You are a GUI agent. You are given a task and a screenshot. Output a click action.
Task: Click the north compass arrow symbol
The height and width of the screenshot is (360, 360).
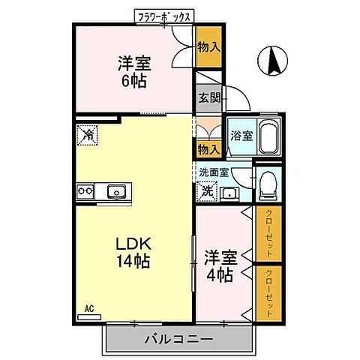pos(271,61)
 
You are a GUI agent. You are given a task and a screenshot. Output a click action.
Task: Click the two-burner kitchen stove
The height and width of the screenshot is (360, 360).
pos(85,191)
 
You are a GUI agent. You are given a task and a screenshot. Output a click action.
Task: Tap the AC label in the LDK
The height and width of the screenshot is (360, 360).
pos(88,307)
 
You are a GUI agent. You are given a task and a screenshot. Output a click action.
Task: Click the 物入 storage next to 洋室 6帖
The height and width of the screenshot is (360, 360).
pos(208,47)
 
